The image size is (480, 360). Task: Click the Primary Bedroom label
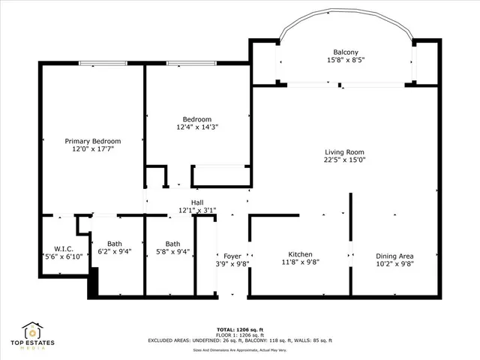click(x=92, y=141)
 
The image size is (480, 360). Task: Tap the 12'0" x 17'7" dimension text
click(x=92, y=149)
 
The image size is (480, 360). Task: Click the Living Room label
click(x=344, y=151)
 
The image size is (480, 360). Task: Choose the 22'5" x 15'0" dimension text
click(x=344, y=160)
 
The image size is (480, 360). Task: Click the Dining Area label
click(x=394, y=254)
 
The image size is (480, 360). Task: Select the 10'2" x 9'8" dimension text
click(x=394, y=263)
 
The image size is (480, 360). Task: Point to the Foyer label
click(x=232, y=256)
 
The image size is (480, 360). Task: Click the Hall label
click(x=197, y=202)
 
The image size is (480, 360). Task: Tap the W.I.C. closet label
click(x=63, y=249)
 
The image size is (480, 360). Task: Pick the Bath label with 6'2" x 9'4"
click(x=115, y=243)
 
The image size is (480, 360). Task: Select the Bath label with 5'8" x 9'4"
click(x=172, y=243)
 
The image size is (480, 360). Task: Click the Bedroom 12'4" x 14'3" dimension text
click(x=197, y=127)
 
